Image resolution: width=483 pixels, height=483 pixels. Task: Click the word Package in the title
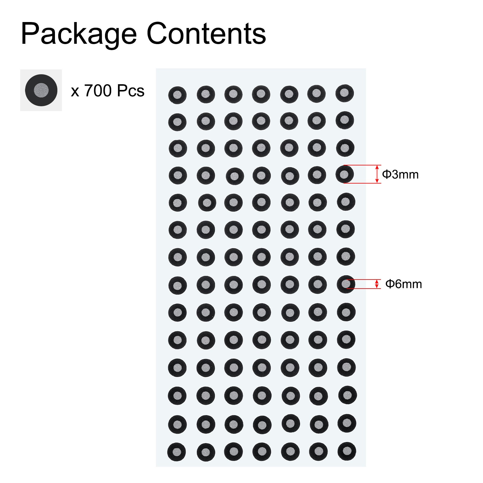pyautogui.click(x=79, y=34)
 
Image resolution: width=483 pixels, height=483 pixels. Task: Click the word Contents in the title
pyautogui.click(x=206, y=34)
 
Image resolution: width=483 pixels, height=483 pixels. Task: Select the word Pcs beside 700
pyautogui.click(x=130, y=91)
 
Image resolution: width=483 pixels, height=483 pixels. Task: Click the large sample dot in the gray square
pyautogui.click(x=41, y=90)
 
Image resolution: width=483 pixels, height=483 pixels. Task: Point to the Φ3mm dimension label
pyautogui.click(x=400, y=174)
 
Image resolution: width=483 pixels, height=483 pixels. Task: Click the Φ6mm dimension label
pyautogui.click(x=404, y=284)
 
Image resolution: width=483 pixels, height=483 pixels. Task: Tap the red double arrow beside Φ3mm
pyautogui.click(x=377, y=174)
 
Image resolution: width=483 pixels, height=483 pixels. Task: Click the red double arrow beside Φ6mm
pyautogui.click(x=376, y=284)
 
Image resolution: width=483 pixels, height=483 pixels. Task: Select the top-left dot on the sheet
pyautogui.click(x=177, y=95)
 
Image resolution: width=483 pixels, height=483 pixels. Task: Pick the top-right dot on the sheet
pyautogui.click(x=344, y=93)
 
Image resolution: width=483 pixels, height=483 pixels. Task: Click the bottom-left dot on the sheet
pyautogui.click(x=177, y=452)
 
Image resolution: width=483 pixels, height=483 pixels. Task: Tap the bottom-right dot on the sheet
pyautogui.click(x=347, y=451)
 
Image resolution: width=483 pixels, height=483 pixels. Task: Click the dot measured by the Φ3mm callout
pyautogui.click(x=344, y=174)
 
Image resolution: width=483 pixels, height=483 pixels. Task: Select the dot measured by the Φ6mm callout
pyautogui.click(x=346, y=284)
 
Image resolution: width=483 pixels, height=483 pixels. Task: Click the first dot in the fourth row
pyautogui.click(x=178, y=175)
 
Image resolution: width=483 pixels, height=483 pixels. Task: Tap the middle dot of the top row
pyautogui.click(x=261, y=94)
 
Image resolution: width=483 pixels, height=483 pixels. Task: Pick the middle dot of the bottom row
pyautogui.click(x=262, y=452)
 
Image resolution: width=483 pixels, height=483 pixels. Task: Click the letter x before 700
pyautogui.click(x=75, y=92)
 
